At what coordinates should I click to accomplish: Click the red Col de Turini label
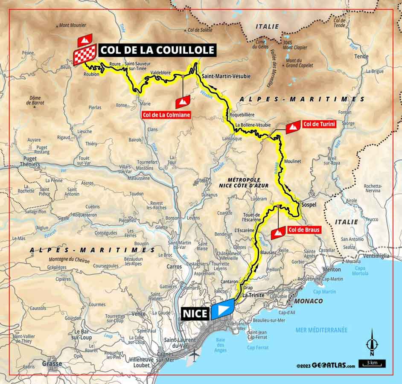318,124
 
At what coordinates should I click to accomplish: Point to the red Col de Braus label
303,230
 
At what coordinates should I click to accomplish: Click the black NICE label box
195,314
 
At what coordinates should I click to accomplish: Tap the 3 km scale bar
373,364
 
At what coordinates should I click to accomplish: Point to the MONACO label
308,301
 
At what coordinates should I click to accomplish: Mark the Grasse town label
52,364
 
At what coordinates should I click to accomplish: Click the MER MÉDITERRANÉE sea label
321,330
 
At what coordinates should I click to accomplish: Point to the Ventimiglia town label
374,256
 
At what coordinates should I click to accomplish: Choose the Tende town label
361,56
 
